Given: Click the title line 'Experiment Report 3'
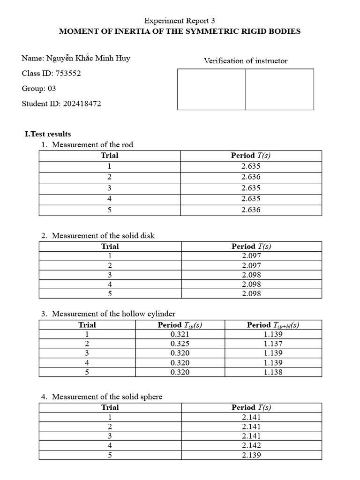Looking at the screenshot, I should pos(180,21).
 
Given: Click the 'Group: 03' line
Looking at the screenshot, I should pos(39,89).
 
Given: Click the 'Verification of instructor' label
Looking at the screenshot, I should pos(246,61).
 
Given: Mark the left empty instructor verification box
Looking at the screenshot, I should pos(211,90).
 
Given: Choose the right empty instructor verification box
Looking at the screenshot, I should pos(279,90).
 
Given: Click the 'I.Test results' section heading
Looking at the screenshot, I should pos(48,134).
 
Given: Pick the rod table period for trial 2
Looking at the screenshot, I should pos(251,177).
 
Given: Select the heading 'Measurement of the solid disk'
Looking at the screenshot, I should pos(103,236).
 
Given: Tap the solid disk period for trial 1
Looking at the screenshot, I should pos(251,256).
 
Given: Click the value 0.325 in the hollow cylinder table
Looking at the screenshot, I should pos(180,344).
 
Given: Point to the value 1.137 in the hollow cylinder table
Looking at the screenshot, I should pos(273,344).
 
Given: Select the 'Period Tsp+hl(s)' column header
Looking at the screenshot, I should pos(273,325).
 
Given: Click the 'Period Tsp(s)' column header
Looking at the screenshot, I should pos(180,325).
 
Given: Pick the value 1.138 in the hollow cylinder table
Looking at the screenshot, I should pos(273,372).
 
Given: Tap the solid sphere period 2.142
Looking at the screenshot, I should pos(251,445).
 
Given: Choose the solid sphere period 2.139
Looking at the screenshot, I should pos(251,455).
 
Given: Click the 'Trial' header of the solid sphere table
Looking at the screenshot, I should pos(110,407).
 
